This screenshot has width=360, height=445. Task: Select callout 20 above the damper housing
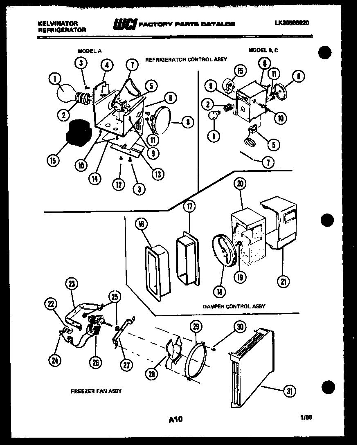pyautogui.click(x=240, y=184)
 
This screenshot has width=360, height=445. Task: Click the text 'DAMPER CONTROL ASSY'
pyautogui.click(x=234, y=306)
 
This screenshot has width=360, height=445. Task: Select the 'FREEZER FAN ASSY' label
pyautogui.click(x=96, y=391)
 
